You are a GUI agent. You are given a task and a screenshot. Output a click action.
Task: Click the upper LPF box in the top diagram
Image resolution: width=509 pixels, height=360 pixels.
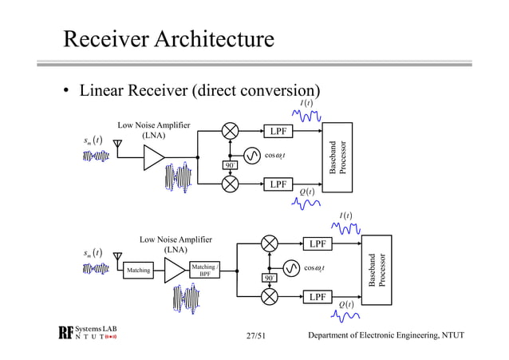pyautogui.click(x=278, y=131)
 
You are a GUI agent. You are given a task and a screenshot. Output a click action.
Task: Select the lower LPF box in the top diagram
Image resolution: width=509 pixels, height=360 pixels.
pyautogui.click(x=278, y=184)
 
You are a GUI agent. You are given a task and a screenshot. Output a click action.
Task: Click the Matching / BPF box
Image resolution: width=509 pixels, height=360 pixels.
pyautogui.click(x=204, y=271)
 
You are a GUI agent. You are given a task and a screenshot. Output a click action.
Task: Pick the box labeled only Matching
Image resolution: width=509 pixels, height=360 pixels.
pyautogui.click(x=138, y=271)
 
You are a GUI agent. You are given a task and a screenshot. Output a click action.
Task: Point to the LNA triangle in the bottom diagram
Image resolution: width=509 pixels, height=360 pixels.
pyautogui.click(x=173, y=271)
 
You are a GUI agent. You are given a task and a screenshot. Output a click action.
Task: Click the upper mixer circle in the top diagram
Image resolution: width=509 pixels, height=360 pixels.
pyautogui.click(x=231, y=131)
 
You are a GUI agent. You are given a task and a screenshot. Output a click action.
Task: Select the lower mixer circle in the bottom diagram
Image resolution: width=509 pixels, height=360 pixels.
pyautogui.click(x=270, y=297)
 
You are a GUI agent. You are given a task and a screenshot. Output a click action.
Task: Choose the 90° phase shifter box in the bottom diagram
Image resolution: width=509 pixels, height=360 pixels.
pyautogui.click(x=270, y=277)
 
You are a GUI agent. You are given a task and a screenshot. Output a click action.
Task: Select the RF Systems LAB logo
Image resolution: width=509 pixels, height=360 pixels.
pyautogui.click(x=87, y=334)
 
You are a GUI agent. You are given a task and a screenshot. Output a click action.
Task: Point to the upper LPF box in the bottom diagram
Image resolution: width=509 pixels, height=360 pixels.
pyautogui.click(x=318, y=243)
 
